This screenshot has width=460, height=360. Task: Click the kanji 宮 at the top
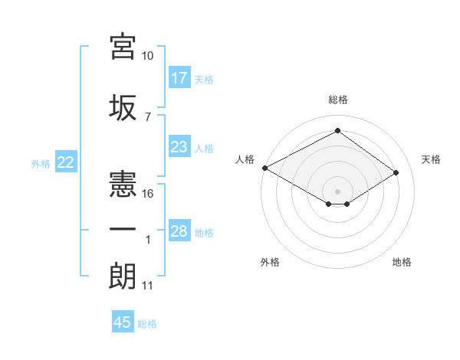click(x=123, y=47)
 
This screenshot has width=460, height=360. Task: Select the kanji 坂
click(x=123, y=107)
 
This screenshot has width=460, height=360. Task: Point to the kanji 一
click(x=123, y=231)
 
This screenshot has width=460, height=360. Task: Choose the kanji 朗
click(x=123, y=276)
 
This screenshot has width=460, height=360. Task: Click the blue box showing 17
click(x=179, y=77)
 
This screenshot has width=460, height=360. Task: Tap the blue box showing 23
click(x=179, y=147)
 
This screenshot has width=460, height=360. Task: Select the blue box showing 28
click(x=179, y=231)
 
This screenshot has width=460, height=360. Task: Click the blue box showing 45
click(x=123, y=322)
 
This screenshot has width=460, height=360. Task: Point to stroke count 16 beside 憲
click(x=148, y=194)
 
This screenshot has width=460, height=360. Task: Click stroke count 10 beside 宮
click(x=148, y=56)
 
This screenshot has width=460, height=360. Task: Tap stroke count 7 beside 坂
click(x=147, y=116)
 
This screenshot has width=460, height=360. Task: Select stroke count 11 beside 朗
click(x=147, y=286)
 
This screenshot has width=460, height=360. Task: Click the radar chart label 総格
click(x=337, y=100)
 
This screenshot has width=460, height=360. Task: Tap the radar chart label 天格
click(x=431, y=159)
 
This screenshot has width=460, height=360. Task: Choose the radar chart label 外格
click(x=270, y=262)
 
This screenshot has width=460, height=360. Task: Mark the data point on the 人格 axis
click(x=264, y=167)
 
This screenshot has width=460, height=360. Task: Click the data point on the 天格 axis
click(x=396, y=172)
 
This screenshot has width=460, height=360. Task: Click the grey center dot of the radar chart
click(x=337, y=190)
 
